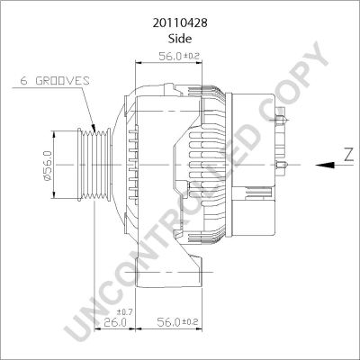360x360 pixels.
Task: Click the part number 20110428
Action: click(180, 23)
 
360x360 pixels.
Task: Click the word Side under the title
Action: click(180, 39)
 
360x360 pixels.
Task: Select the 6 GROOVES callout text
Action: click(55, 81)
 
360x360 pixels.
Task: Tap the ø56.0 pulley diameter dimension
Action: click(48, 166)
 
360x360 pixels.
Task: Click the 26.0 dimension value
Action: click(115, 322)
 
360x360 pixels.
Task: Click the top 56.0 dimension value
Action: click(170, 56)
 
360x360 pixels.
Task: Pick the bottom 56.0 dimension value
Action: click(168, 322)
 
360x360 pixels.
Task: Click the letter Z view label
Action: click(348, 156)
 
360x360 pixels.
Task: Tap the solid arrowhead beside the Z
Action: click(325, 165)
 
